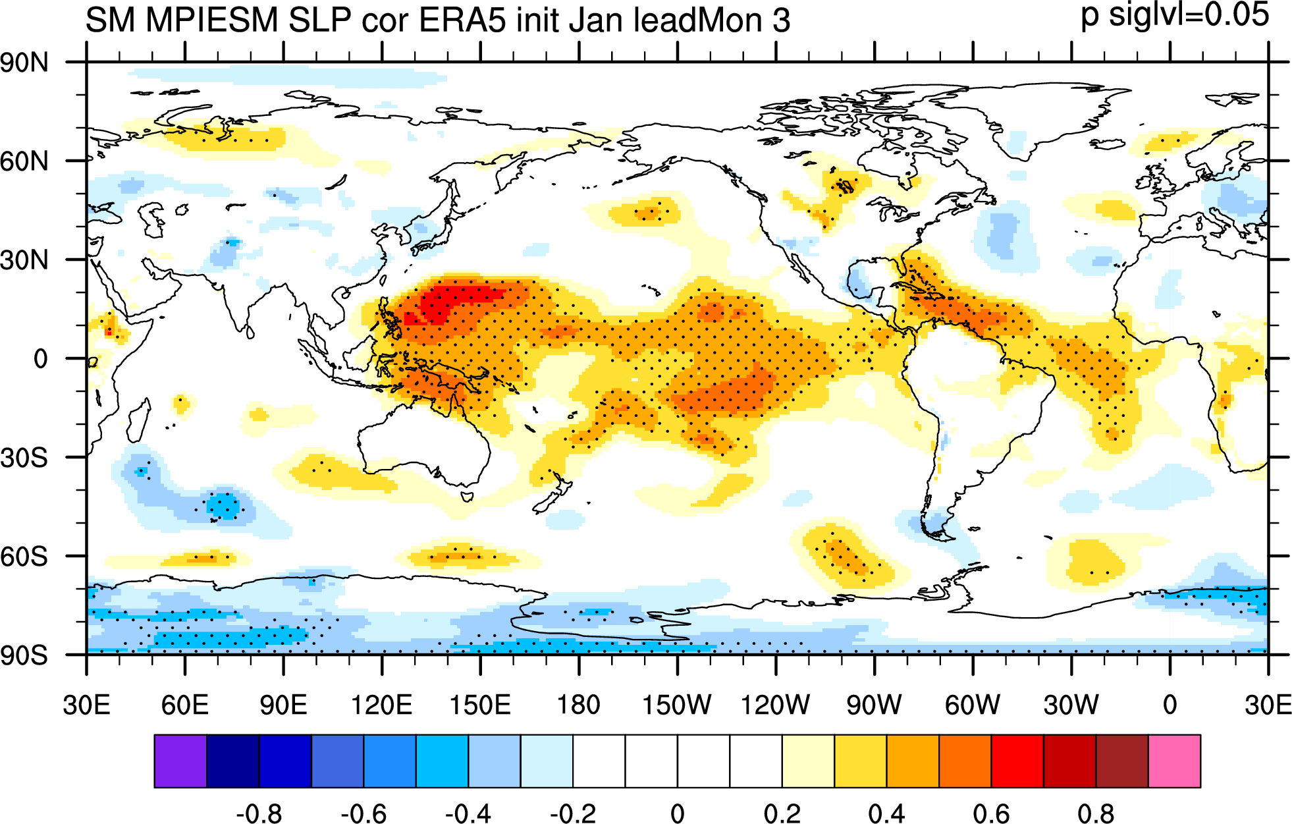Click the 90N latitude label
coord(24,63)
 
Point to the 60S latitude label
coord(24,557)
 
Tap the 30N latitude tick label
coord(24,260)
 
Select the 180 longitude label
coord(579,705)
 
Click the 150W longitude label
coord(677,705)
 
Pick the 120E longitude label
coord(382,705)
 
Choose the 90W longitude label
coord(874,705)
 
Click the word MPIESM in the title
coord(212,20)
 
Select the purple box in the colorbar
coord(180,761)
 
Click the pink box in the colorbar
coord(1174,761)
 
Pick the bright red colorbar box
coord(1017,761)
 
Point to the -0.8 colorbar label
coord(259,813)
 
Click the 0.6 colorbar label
coord(991,813)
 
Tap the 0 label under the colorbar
coord(678,813)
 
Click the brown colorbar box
coord(1122,761)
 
